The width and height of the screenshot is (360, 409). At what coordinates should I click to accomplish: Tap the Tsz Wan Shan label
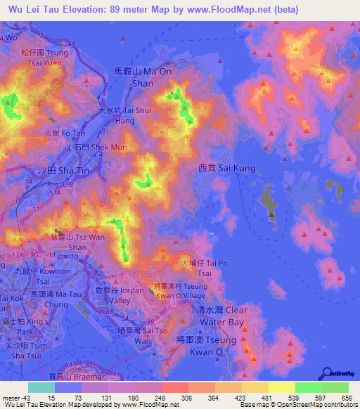coord(68,242)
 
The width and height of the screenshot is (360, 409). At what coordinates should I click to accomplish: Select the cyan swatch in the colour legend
coord(41,387)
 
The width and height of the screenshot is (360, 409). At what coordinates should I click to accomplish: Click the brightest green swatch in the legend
coord(308,387)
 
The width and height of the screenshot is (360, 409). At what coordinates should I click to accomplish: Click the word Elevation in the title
coord(79,9)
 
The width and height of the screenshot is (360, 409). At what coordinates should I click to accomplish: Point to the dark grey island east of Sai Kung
coord(269,200)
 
